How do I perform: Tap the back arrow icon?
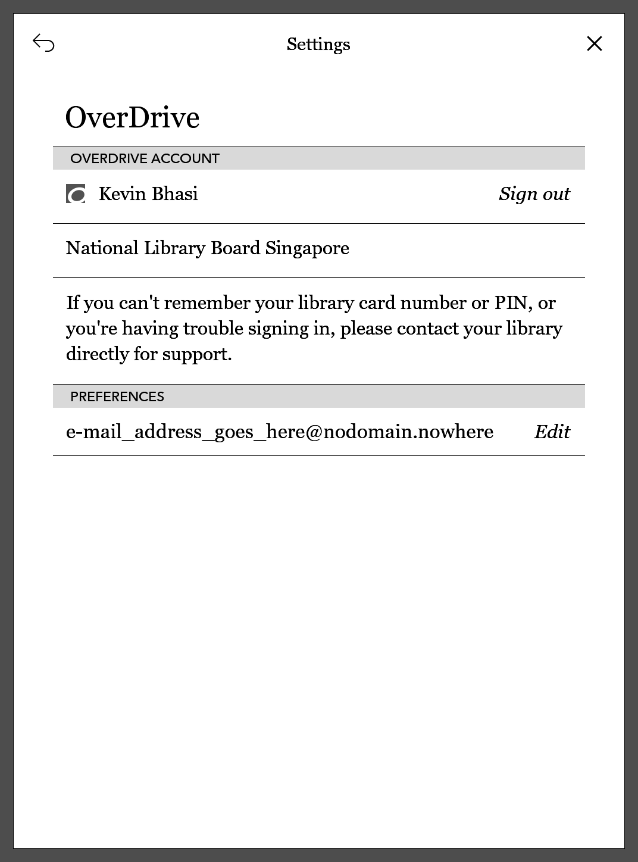pos(43,43)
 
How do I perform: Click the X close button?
pos(594,43)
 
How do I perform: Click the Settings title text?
pos(318,44)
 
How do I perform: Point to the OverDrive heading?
pos(132,117)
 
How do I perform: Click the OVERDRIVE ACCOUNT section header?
pos(145,158)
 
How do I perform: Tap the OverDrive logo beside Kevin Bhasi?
pos(76,194)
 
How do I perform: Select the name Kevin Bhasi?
pos(148,194)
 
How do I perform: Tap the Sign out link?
pos(534,194)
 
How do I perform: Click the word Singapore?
pos(307,248)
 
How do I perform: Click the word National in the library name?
pos(102,248)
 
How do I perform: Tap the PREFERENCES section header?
pos(117,396)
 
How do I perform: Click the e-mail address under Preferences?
pos(279,432)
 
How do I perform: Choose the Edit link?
pos(552,432)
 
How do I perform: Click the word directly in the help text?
pos(97,354)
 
